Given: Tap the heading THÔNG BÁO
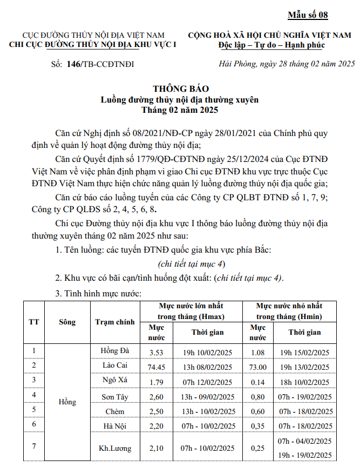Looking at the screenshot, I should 180,88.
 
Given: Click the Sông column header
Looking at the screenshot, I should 67,322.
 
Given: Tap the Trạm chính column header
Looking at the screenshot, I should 114,322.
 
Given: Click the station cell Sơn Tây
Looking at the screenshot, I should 114,397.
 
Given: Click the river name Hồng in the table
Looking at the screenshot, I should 67,402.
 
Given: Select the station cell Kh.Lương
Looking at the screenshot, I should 114,448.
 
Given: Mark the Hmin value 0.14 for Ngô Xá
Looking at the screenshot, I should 257,382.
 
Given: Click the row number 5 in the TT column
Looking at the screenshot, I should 34,410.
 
